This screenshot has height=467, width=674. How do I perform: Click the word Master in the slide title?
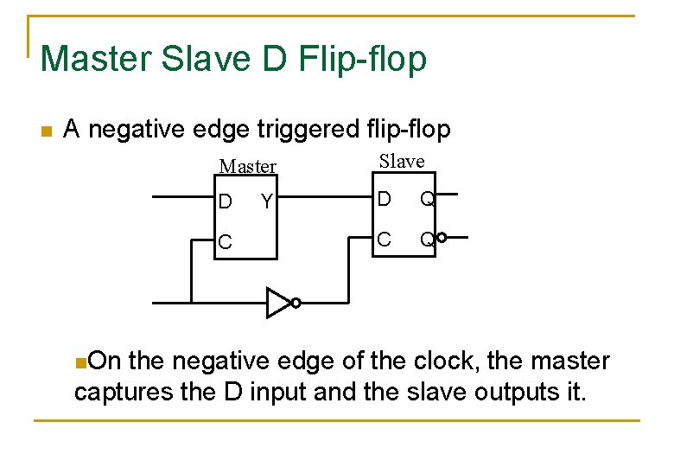coord(96,59)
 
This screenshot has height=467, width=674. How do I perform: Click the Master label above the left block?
coord(248,166)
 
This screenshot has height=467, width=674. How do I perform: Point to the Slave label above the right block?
coord(403,161)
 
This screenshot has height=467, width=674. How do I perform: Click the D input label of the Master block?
coord(225,202)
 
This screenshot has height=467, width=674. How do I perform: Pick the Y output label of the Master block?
coord(267,202)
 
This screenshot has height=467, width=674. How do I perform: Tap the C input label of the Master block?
coord(225,243)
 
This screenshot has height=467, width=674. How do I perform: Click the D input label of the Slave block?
coord(384,200)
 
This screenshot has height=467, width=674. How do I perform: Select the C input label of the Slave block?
coord(384,238)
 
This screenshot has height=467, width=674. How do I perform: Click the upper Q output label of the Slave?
coord(427,200)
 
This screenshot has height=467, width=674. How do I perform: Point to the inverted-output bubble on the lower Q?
coord(442,238)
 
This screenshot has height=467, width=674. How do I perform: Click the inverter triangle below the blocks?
coord(277,303)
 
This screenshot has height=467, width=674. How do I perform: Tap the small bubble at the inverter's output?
coord(296,303)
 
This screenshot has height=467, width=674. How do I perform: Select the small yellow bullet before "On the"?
coord(79,361)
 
